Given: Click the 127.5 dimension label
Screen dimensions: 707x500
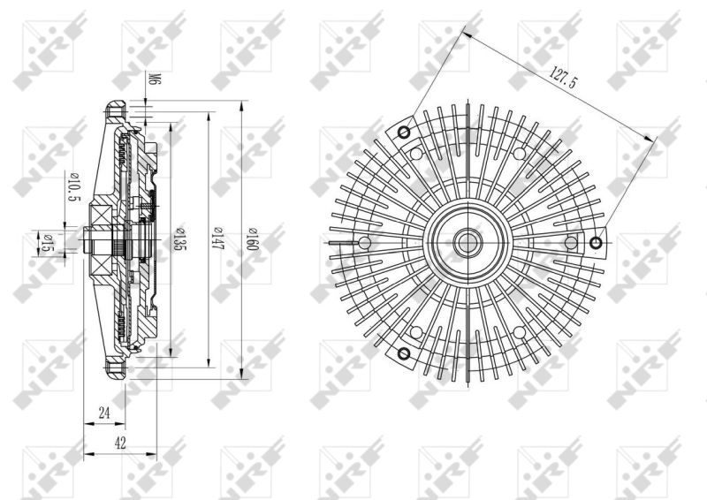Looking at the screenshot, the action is click(x=563, y=77).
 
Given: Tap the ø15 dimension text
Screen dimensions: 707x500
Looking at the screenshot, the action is click(x=45, y=242).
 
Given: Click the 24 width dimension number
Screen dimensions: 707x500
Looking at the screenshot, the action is click(x=104, y=413).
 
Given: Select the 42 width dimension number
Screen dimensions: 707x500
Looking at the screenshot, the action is click(x=120, y=443).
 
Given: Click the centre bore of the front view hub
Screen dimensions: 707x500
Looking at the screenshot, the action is click(x=468, y=243).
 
